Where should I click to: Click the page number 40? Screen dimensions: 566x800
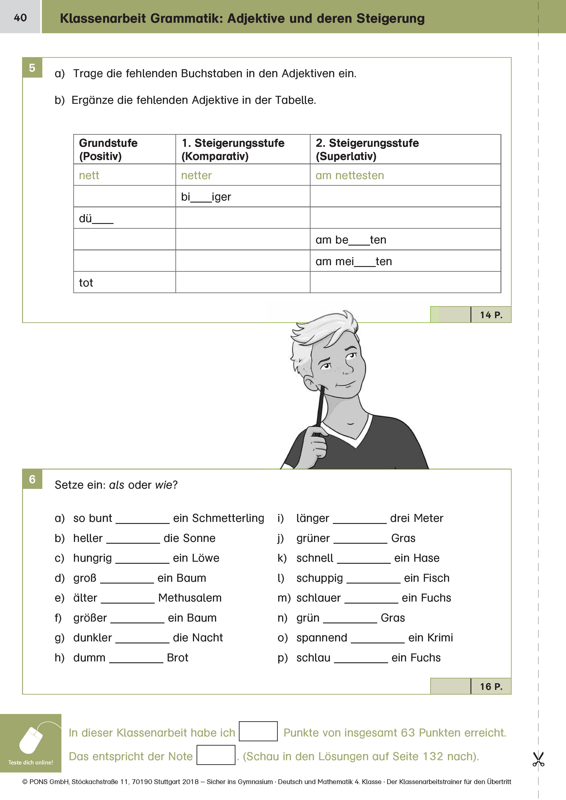pos(20,18)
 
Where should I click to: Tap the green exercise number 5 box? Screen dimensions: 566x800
pos(32,68)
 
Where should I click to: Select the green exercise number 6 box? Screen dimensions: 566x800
pos(32,479)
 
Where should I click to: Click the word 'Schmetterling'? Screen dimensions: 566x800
pos(228,518)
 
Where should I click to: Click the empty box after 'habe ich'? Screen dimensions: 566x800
pos(258,731)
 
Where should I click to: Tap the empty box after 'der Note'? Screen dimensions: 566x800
pos(216,755)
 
